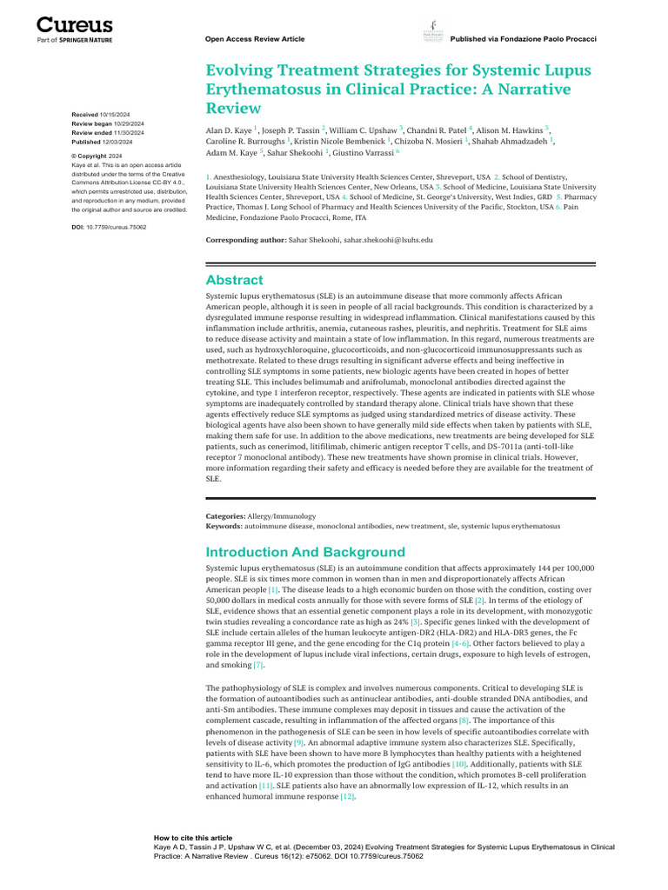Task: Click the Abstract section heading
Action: coord(234,280)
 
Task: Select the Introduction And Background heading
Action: coord(304,552)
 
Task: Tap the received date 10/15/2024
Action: coord(115,115)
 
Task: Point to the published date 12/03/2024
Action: coord(116,141)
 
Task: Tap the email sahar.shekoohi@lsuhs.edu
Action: coord(387,238)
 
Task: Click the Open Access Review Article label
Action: coord(254,39)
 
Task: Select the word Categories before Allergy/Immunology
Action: coord(224,516)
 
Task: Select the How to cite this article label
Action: coord(192,838)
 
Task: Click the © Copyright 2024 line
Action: coord(97,156)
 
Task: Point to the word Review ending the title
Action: coord(233,108)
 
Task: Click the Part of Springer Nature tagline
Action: coord(74,40)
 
